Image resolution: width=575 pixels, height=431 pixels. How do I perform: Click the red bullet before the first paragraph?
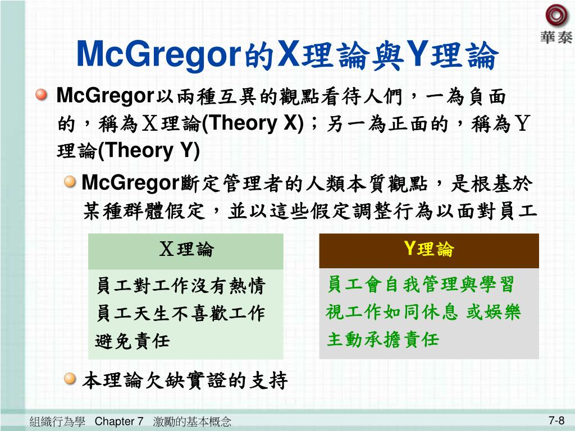point(42,96)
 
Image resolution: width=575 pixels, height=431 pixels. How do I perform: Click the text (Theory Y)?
point(148,151)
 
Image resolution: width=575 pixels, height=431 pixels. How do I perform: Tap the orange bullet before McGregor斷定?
point(70,182)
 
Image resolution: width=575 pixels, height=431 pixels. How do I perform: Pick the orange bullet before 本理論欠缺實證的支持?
point(70,380)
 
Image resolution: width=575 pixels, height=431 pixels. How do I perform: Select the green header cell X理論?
point(186,250)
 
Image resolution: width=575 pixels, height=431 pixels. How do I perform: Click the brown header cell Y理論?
point(428,250)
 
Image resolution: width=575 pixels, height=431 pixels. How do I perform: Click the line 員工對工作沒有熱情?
point(180,286)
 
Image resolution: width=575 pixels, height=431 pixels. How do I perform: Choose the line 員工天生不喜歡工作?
point(180,313)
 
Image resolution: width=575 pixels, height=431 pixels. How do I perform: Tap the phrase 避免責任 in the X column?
point(133,340)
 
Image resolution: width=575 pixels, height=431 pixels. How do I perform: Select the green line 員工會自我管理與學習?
point(420,285)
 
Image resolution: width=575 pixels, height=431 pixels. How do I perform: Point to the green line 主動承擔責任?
point(383,340)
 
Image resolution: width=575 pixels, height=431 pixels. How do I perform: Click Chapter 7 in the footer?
point(119,421)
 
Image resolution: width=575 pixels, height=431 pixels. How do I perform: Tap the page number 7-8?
point(556,420)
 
